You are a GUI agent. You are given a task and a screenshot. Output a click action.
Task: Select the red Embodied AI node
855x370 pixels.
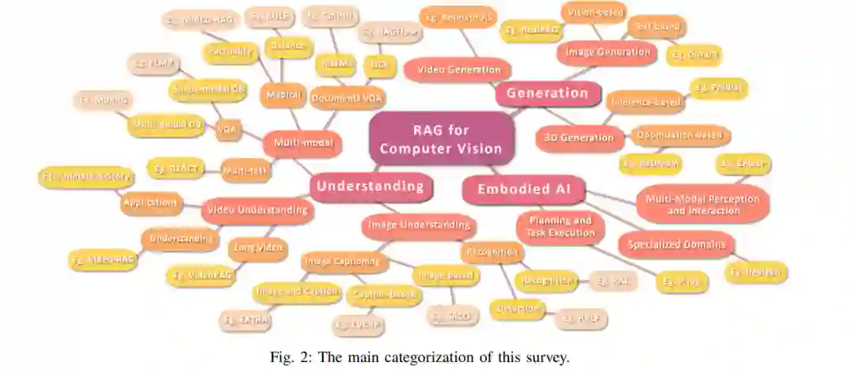point(523,190)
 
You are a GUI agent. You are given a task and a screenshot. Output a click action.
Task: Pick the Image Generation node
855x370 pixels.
point(607,53)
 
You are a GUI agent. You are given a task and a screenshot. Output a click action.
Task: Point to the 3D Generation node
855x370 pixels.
point(578,137)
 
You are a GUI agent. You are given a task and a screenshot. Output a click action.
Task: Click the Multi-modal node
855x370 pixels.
point(302,144)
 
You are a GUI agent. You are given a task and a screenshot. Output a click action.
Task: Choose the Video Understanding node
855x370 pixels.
point(256,210)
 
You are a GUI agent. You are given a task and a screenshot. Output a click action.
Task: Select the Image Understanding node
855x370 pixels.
point(418,226)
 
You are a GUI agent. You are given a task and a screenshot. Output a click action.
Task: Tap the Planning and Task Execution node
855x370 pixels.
point(560,227)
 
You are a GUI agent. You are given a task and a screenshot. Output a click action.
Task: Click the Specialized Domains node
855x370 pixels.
point(676,244)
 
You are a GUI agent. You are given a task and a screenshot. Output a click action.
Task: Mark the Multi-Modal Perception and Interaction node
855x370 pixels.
point(703,205)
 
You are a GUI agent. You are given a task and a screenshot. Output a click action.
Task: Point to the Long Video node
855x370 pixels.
point(256,248)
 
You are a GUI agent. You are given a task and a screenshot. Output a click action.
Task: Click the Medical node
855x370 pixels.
point(283,95)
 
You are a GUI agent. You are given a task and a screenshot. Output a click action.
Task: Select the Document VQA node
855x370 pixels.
point(348,98)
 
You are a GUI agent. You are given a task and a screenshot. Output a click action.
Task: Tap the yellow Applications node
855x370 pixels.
point(150,202)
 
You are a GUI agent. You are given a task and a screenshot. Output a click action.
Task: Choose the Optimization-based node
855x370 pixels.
point(679,135)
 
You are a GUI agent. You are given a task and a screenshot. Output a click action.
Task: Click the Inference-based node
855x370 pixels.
point(645,100)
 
